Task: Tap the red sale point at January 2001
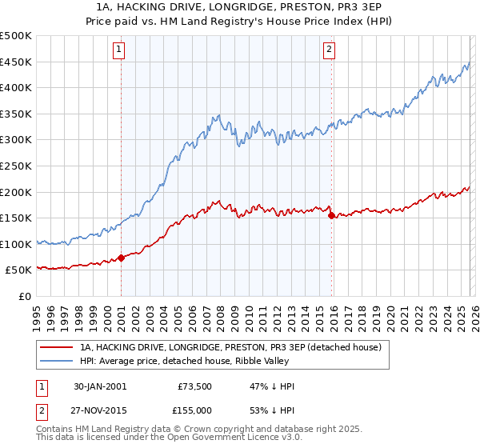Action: tap(122, 258)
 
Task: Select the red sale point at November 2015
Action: tap(331, 214)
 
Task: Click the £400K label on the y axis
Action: tap(17, 88)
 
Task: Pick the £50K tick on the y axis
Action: tap(20, 270)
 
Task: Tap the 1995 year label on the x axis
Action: tap(37, 312)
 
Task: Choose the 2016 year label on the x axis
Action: tap(333, 312)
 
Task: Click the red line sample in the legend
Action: tap(56, 347)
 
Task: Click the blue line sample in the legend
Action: tap(56, 361)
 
